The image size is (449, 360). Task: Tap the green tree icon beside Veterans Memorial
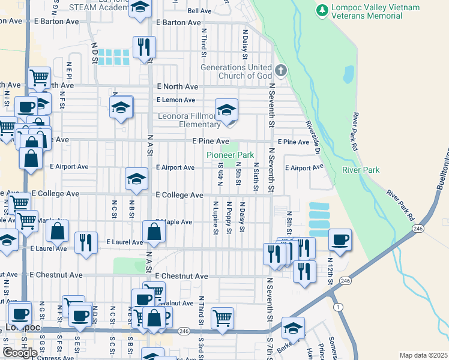pos(322,10)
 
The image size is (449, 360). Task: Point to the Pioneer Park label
pos(231,155)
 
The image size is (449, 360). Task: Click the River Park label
pos(361,170)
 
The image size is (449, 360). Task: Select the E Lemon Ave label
pos(176,100)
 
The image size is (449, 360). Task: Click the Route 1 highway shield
pos(339,308)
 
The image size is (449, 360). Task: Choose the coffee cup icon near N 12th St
pos(340,239)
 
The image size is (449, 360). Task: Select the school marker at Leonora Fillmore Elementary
pos(226,110)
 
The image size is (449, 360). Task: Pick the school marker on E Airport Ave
pos(136,179)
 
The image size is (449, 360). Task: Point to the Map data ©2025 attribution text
pos(423,355)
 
